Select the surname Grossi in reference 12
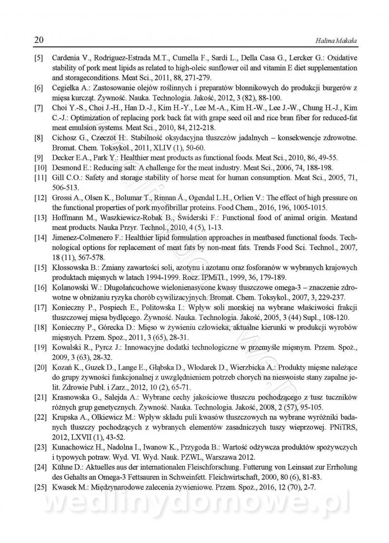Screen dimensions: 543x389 click(x=62, y=197)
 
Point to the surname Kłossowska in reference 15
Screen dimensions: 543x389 click(x=71, y=267)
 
